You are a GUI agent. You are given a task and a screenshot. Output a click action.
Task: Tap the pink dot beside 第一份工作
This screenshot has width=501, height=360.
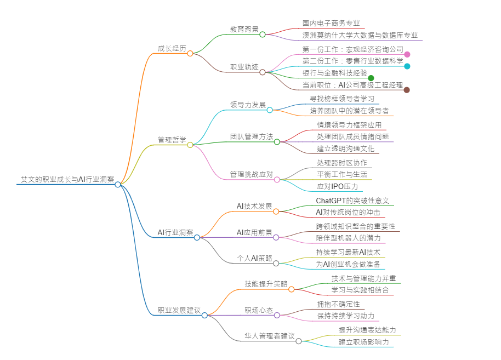(407, 54)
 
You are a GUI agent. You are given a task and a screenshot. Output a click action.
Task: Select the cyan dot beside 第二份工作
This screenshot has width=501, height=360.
(407, 66)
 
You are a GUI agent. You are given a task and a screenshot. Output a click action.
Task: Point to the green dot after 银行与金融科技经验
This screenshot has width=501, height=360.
(371, 78)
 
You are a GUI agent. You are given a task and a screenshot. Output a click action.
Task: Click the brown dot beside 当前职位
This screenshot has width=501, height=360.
(407, 90)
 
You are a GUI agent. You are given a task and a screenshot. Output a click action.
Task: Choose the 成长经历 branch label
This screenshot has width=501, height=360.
(172, 48)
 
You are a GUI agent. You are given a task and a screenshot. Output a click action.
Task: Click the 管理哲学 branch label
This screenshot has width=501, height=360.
(172, 140)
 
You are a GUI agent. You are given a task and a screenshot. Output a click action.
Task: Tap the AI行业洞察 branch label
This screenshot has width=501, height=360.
(175, 232)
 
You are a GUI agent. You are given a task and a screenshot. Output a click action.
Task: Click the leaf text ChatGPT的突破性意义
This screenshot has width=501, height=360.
(352, 201)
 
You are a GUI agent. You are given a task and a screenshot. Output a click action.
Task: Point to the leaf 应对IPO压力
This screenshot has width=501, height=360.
(337, 186)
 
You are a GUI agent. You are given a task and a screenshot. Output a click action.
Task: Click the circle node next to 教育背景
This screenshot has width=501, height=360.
(263, 35)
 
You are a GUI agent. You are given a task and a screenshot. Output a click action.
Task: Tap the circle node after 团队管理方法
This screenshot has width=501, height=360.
(277, 142)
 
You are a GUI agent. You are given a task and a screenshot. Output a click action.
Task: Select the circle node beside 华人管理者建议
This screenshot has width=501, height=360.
(299, 341)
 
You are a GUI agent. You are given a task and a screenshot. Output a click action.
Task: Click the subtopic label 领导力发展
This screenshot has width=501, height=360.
(248, 105)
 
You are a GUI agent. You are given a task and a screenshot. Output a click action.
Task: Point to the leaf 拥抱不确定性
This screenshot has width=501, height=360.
(338, 304)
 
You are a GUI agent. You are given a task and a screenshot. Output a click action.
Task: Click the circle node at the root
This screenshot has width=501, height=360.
(118, 185)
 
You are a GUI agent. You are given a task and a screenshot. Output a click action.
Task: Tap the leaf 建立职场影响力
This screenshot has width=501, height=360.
(363, 342)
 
